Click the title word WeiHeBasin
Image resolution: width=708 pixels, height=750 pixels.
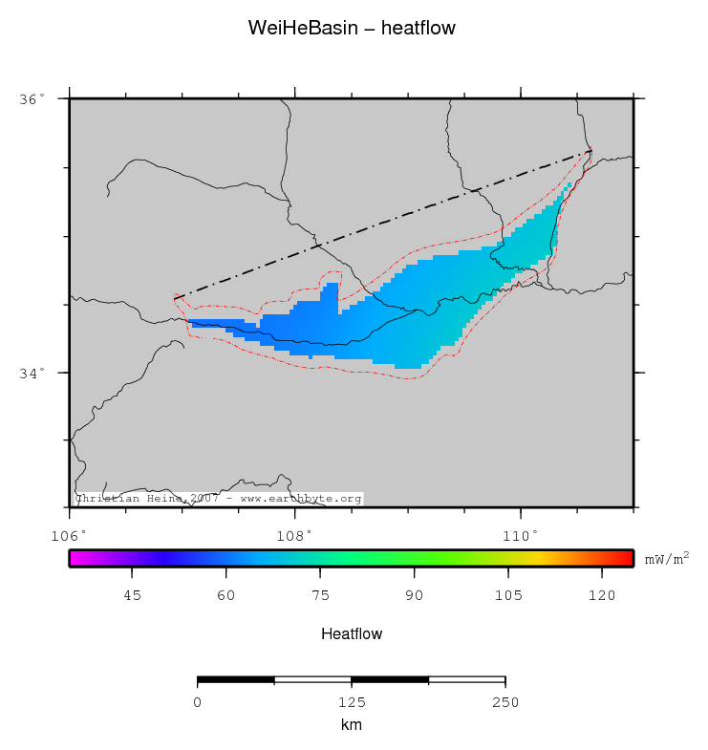pos(301,29)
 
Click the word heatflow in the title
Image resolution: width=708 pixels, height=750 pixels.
pos(418,29)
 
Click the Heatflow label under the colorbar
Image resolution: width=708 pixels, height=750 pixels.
pos(352,634)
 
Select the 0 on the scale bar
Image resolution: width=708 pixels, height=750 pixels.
pos(198,703)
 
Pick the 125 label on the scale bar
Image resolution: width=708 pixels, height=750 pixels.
pos(351,703)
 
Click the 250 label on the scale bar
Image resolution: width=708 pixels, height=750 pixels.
pos(504,703)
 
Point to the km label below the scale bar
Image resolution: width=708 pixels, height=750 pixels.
pos(351,726)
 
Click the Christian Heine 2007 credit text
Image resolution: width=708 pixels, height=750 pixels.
pos(218,499)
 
